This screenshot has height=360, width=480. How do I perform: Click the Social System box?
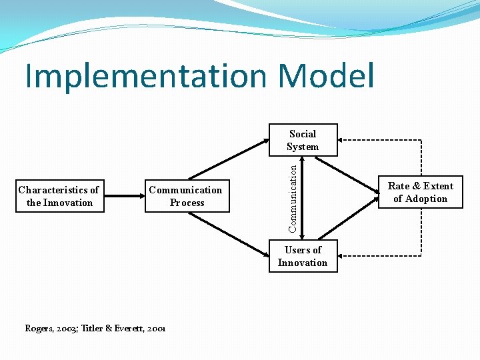point(303,140)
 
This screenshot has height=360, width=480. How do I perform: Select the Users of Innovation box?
point(303,256)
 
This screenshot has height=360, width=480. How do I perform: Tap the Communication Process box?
point(187,196)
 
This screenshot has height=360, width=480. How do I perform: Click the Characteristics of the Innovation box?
point(59,196)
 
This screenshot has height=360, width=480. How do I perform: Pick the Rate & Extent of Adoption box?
point(420,192)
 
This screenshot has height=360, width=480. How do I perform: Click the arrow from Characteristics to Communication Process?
point(125,196)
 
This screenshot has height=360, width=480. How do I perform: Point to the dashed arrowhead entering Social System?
point(341,140)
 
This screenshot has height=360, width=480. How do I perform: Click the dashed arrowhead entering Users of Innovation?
point(341,256)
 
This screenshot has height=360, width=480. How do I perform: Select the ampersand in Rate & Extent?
point(417,186)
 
